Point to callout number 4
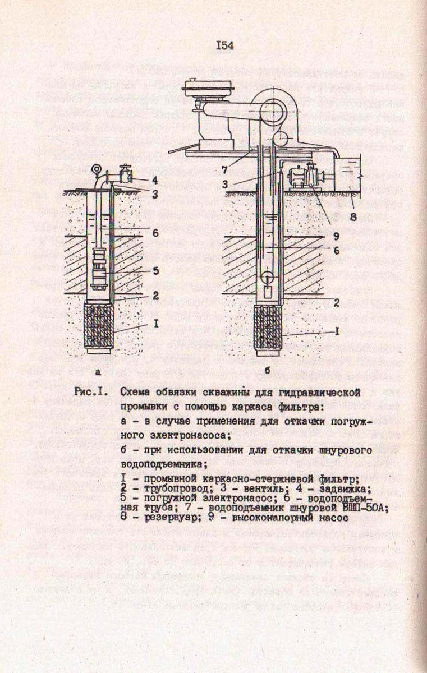155,180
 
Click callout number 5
155,270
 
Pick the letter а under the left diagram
98,371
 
